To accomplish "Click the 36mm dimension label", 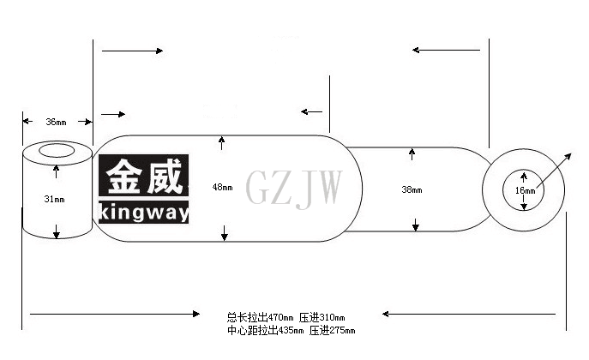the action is click(x=56, y=122).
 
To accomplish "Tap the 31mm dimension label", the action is click(x=55, y=199).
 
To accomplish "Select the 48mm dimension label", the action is click(x=222, y=187).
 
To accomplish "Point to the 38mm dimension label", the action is click(x=412, y=189).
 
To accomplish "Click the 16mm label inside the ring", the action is click(x=525, y=190).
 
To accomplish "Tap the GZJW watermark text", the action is click(x=294, y=188).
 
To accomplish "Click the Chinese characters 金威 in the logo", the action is click(x=144, y=176).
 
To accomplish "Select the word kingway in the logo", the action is click(x=144, y=213).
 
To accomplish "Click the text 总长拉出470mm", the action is click(x=260, y=318).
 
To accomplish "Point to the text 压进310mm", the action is click(x=322, y=318).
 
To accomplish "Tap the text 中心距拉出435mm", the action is click(x=265, y=330).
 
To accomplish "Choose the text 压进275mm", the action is click(x=333, y=330).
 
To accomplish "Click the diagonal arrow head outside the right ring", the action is click(x=568, y=156).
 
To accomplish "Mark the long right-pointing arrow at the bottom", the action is click(x=115, y=314).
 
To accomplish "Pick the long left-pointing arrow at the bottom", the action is click(x=469, y=314).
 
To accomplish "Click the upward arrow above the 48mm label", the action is click(x=222, y=143).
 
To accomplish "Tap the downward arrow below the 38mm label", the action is click(x=416, y=225).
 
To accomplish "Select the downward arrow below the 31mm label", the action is click(x=57, y=231).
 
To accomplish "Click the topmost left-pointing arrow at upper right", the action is click(x=447, y=50).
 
